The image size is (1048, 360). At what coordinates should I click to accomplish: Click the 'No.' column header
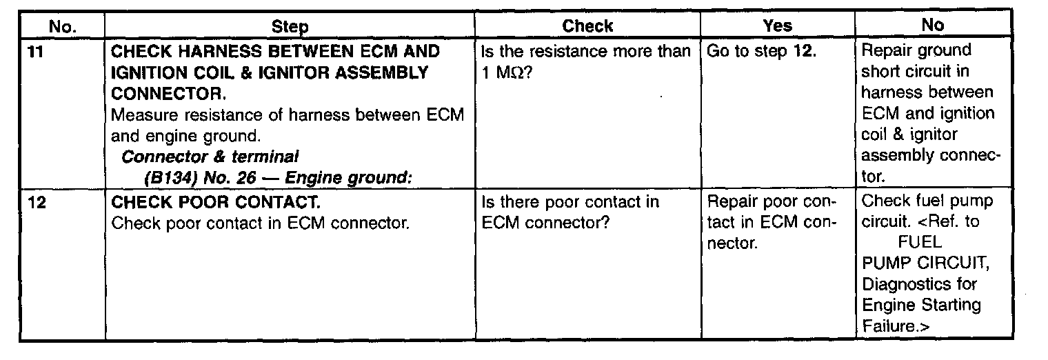pos(63,26)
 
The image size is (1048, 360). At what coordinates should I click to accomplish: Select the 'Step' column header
pos(290,26)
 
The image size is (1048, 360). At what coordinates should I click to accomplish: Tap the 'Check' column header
pos(587,26)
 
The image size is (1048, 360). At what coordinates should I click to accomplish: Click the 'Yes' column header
pos(777,26)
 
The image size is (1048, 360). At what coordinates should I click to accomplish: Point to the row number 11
pos(32,52)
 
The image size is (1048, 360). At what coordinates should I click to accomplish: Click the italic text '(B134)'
pos(166,178)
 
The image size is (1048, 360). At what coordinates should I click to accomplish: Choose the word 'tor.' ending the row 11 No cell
pos(874,177)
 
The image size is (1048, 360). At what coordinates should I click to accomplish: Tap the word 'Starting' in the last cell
pos(952,304)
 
